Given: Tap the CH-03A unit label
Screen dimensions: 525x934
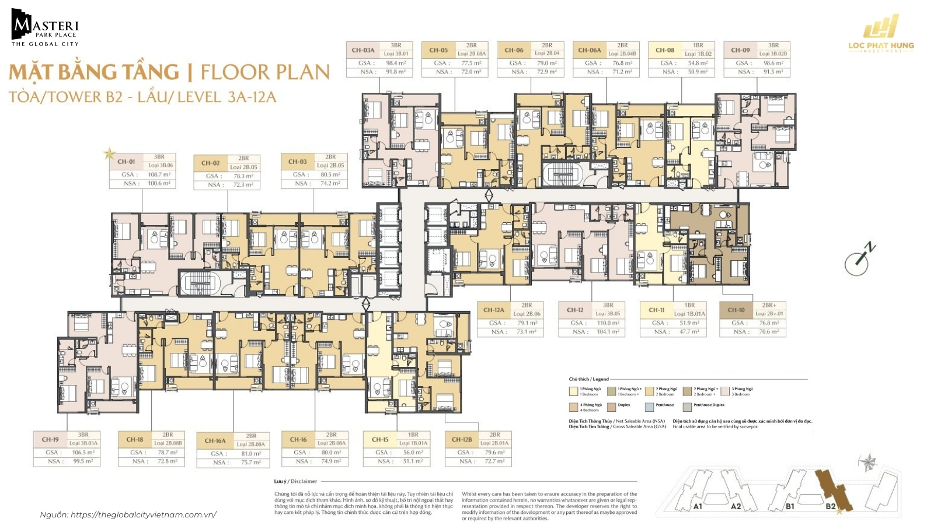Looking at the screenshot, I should [363, 50].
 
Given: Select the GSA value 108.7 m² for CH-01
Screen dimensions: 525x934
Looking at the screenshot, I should [159, 174].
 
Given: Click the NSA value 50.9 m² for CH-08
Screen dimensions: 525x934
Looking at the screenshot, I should [698, 72].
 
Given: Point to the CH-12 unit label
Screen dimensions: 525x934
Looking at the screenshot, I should [575, 310].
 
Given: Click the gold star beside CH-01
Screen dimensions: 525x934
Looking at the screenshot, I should [109, 154].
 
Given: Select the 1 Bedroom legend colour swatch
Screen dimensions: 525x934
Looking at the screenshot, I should [573, 391].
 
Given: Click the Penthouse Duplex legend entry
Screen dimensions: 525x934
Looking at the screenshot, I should [709, 405].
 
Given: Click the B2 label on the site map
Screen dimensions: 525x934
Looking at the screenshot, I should [831, 506].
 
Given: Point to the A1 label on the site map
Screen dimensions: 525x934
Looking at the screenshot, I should [698, 506].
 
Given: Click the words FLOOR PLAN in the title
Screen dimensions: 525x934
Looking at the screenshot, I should [265, 72].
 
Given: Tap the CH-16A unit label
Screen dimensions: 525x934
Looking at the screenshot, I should [215, 440].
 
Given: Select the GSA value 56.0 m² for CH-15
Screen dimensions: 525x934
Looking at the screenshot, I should [412, 452].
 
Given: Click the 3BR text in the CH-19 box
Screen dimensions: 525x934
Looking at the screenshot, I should [83, 435].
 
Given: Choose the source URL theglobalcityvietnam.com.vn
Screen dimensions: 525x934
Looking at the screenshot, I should [143, 514].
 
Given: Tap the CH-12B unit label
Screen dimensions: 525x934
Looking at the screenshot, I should [462, 439].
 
